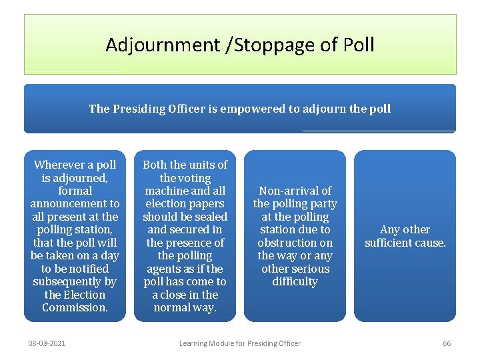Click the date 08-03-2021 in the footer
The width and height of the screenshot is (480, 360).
47,343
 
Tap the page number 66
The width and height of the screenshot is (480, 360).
447,343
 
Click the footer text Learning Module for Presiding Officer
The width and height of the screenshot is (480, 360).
240,343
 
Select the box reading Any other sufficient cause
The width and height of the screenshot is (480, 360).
405,236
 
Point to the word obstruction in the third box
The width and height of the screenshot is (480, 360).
295,243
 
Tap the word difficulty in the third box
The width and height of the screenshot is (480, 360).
295,281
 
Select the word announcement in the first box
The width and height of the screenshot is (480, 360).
75,203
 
